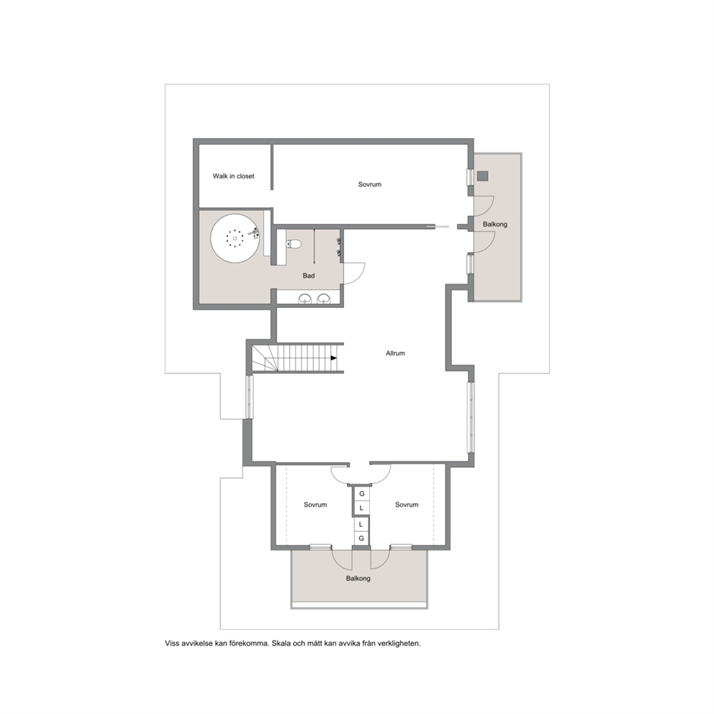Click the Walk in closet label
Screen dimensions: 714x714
pos(233,176)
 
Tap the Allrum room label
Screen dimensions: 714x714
pos(395,353)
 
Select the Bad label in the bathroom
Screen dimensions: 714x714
pos(309,276)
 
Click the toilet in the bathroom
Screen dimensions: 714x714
pos(294,244)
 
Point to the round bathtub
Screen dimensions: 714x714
pos(235,238)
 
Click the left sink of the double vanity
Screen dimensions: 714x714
pos(304,299)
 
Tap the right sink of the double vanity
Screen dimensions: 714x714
pos(324,299)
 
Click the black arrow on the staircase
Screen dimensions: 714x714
pos(334,358)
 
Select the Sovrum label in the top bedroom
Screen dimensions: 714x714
pos(370,184)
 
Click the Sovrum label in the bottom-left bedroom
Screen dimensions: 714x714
pos(315,505)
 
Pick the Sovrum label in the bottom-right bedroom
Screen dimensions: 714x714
pos(407,505)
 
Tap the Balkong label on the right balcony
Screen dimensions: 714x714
pos(495,224)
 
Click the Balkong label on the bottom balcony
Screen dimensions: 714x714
pos(358,578)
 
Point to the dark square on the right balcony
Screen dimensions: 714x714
pos(483,176)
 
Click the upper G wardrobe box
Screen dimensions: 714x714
pos(362,494)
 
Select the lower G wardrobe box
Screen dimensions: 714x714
pos(361,538)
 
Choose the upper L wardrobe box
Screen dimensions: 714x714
pos(362,507)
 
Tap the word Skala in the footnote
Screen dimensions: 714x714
pos(281,643)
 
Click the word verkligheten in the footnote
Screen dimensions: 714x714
pos(400,643)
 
